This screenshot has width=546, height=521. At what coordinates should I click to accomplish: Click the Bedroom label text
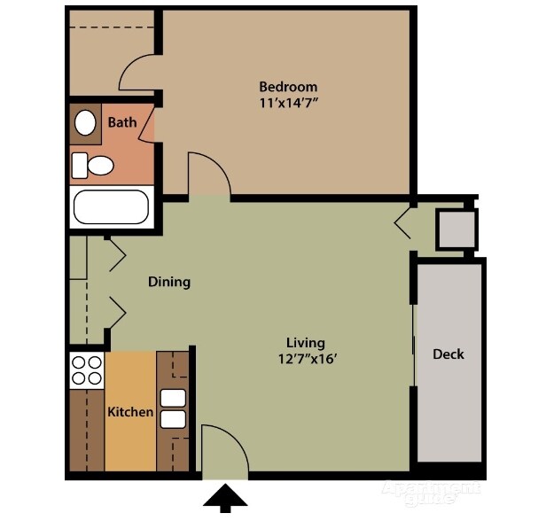point(288,87)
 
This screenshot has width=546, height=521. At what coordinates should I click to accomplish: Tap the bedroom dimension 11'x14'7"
point(288,103)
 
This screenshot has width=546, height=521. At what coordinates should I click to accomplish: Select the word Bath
point(122,122)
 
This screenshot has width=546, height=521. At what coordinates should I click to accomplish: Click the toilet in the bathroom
point(93,165)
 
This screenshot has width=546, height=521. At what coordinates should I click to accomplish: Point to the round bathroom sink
point(86,123)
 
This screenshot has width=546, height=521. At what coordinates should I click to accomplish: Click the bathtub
point(112,207)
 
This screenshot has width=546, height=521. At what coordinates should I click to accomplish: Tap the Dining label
point(168,282)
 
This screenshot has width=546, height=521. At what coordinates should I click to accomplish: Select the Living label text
point(305,343)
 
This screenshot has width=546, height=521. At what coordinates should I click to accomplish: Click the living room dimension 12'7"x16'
point(305,359)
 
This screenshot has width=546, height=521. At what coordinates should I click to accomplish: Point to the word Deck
point(448,354)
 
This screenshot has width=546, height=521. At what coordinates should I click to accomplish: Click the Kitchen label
point(130,412)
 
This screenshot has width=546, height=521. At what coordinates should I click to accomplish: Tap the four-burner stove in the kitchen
point(86,369)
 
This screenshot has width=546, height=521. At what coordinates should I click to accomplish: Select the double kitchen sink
point(173,408)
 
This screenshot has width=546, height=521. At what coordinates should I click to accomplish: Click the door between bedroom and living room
point(209,175)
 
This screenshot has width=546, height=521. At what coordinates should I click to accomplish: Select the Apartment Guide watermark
point(432,493)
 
